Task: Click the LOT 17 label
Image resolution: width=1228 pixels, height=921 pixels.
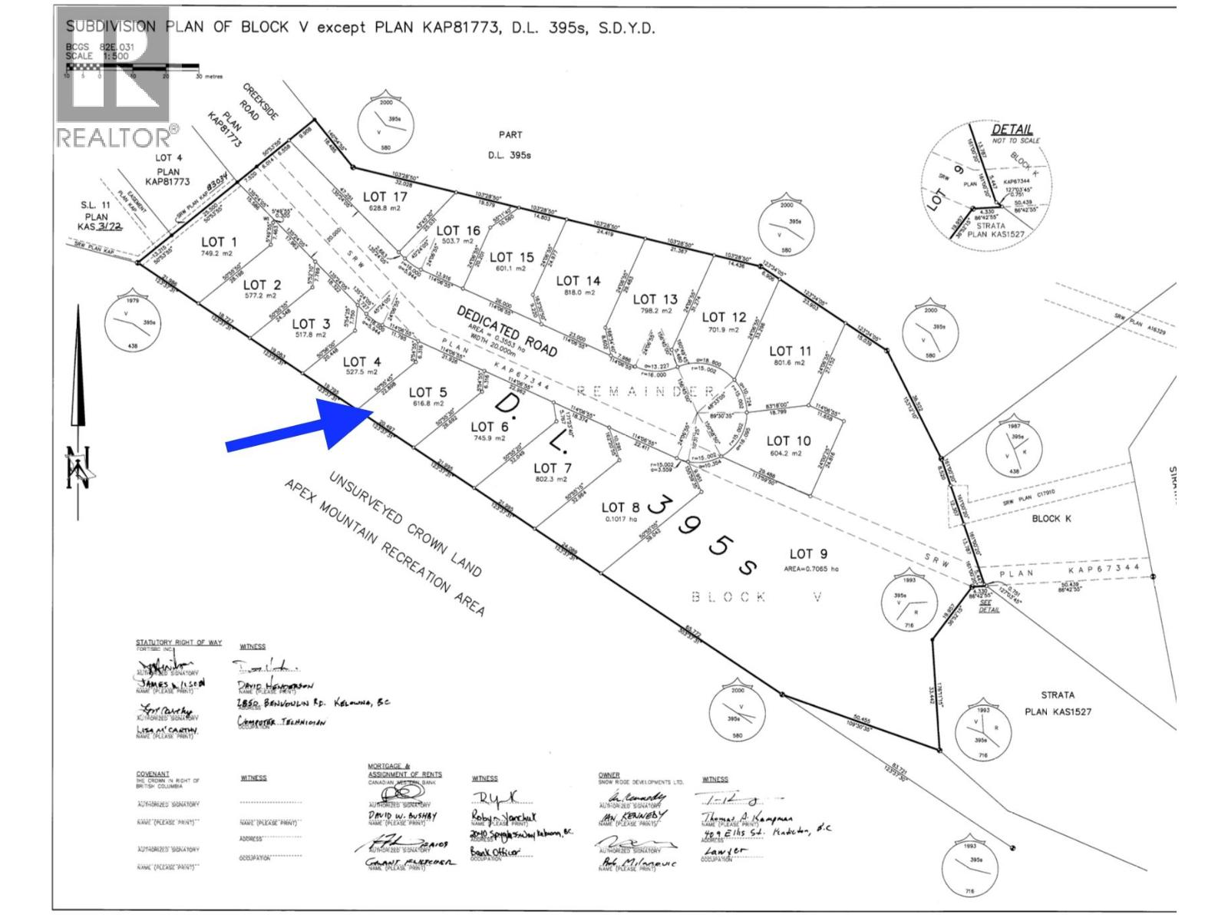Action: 385,197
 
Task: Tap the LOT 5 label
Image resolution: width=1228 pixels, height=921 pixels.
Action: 427,392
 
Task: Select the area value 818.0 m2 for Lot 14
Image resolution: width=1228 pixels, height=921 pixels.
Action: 579,292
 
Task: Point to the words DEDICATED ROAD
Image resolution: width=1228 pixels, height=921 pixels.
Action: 507,331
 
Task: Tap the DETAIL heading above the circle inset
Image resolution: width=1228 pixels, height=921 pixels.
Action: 1012,130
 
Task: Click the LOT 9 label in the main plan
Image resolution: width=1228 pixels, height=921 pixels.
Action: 808,553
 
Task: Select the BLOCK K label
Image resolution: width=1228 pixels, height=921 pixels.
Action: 1051,519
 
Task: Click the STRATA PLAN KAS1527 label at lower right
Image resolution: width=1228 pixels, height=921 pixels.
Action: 1057,703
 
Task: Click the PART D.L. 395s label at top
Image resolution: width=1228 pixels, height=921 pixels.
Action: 510,144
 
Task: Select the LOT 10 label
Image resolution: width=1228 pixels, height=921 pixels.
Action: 788,441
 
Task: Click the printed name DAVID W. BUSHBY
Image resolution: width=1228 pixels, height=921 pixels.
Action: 403,816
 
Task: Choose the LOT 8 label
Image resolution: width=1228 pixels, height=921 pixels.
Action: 620,507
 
